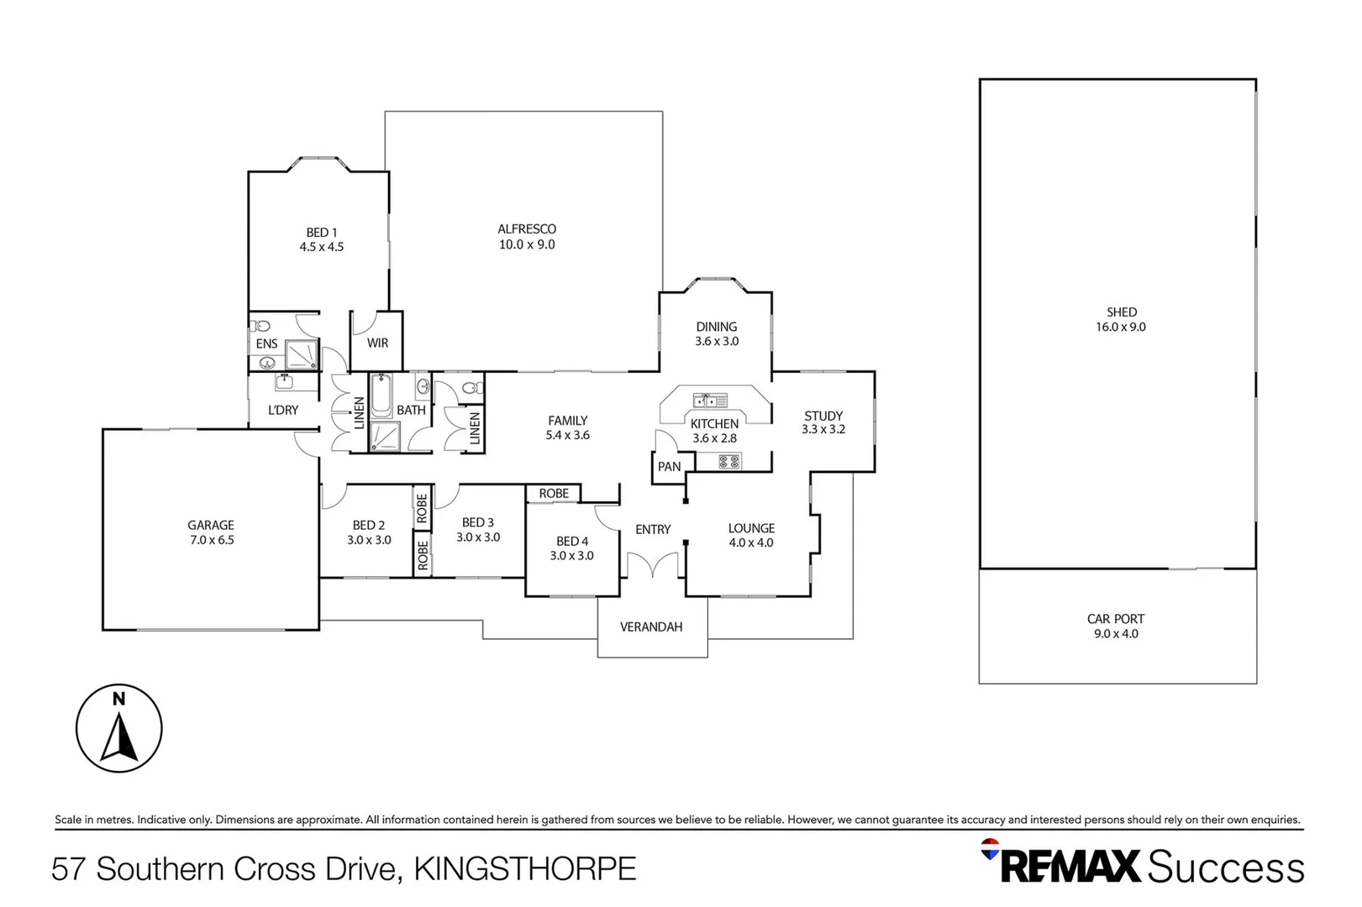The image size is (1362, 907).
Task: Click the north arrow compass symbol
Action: click(119, 728)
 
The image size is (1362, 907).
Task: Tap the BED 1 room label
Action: click(322, 233)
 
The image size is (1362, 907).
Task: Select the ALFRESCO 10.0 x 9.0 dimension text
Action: click(527, 244)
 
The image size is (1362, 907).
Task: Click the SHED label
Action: click(1121, 312)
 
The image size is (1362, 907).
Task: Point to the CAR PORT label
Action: click(1116, 619)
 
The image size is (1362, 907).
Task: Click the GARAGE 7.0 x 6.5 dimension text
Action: click(212, 540)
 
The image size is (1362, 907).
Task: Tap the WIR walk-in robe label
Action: click(377, 343)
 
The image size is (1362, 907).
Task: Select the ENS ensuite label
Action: click(266, 343)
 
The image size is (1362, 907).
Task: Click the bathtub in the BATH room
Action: click(381, 396)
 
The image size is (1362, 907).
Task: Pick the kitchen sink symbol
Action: click(710, 401)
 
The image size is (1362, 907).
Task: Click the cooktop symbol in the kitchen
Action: click(729, 460)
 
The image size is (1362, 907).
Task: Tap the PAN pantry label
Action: click(670, 467)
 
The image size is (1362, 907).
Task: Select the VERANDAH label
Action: click(651, 627)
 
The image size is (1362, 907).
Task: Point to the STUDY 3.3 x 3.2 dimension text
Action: click(823, 429)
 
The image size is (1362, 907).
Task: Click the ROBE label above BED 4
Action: click(554, 494)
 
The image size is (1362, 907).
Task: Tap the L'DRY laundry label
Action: click(283, 410)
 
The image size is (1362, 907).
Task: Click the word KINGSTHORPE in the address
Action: click(525, 868)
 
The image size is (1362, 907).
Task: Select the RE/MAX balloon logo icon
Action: click(991, 849)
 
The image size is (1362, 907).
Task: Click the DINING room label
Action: click(717, 327)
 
